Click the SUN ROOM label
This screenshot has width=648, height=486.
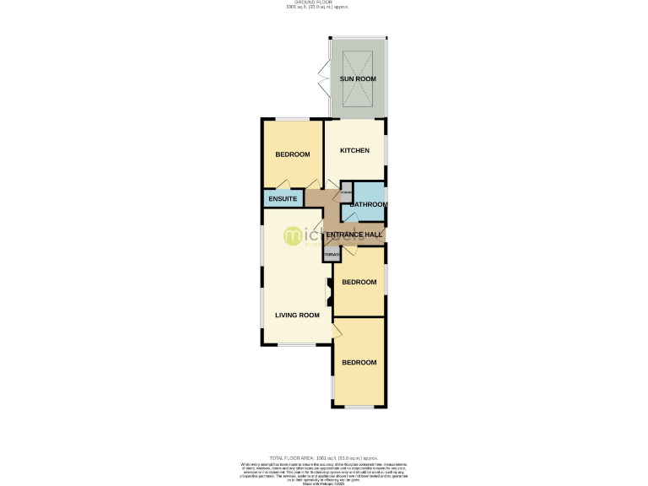point(358,78)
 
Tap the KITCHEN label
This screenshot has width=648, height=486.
point(354,150)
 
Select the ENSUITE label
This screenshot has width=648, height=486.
point(283,199)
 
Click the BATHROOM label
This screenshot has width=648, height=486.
point(369,204)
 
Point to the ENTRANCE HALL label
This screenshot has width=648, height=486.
point(355,235)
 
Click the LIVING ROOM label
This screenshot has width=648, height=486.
point(297,315)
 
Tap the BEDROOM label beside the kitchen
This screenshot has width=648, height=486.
point(293,154)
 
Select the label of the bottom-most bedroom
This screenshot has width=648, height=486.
point(359,362)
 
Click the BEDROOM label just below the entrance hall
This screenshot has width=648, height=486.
point(359,282)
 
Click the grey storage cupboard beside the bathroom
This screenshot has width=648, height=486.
point(346,192)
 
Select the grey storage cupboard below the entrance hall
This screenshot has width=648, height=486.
point(332,253)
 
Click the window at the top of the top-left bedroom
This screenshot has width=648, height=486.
point(292,119)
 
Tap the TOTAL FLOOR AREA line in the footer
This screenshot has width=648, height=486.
point(323,456)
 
